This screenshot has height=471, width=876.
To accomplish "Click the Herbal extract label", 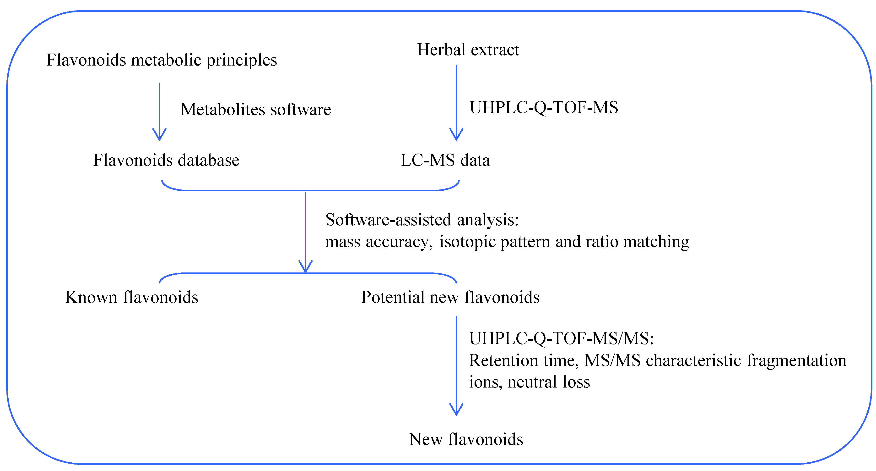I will [x=468, y=50].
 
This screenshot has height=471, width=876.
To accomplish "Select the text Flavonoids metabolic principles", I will [x=162, y=60].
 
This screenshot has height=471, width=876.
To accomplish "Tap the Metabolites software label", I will [x=255, y=110].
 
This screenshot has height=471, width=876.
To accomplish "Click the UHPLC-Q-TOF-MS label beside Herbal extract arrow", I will [x=543, y=108].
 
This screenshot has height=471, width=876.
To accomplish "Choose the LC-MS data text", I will [x=445, y=160].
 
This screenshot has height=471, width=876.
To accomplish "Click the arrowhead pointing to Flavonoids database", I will [x=159, y=135].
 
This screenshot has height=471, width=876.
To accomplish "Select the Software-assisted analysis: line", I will [x=422, y=220].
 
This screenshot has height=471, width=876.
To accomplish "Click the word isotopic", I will [x=467, y=242].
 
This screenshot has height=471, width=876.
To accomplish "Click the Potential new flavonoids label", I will [x=450, y=297].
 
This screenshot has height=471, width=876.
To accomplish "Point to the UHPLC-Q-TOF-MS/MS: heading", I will [x=561, y=339].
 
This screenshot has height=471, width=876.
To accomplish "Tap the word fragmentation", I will [x=796, y=361].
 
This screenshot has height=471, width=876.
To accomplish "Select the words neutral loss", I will [x=549, y=382].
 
